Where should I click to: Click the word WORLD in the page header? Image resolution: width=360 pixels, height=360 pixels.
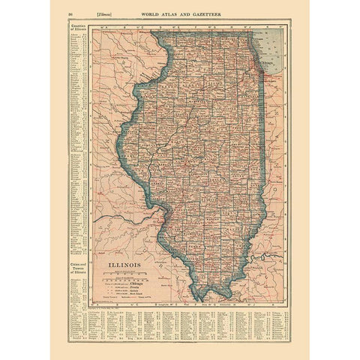click(157, 14)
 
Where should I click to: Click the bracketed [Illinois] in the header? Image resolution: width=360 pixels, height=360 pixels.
click(99, 14)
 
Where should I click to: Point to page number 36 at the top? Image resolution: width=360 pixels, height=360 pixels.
click(69, 14)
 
